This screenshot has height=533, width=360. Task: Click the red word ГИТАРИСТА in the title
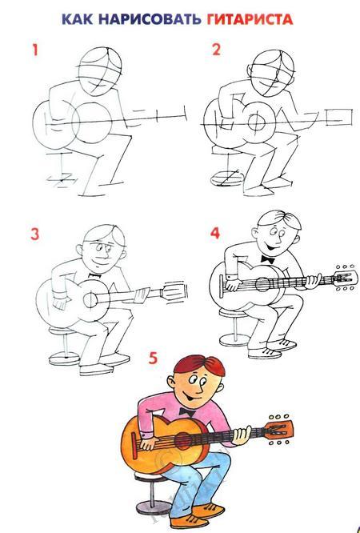click(250, 19)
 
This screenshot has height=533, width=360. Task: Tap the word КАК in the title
click(78, 19)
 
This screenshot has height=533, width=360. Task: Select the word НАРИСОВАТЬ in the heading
click(150, 19)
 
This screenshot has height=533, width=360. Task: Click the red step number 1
click(34, 50)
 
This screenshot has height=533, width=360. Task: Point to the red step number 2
click(216, 50)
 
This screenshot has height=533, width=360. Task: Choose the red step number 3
click(35, 234)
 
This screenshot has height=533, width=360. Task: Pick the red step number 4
click(215, 234)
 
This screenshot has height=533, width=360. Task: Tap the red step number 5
click(153, 358)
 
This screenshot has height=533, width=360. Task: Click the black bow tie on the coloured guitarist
click(187, 412)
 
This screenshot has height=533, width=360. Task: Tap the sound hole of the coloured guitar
click(183, 441)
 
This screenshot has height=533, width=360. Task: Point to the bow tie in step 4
click(268, 259)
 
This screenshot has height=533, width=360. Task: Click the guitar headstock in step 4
click(346, 278)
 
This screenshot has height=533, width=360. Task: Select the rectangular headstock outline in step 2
click(339, 118)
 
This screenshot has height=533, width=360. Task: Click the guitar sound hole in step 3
click(90, 300)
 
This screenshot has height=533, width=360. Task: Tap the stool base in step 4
click(234, 339)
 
